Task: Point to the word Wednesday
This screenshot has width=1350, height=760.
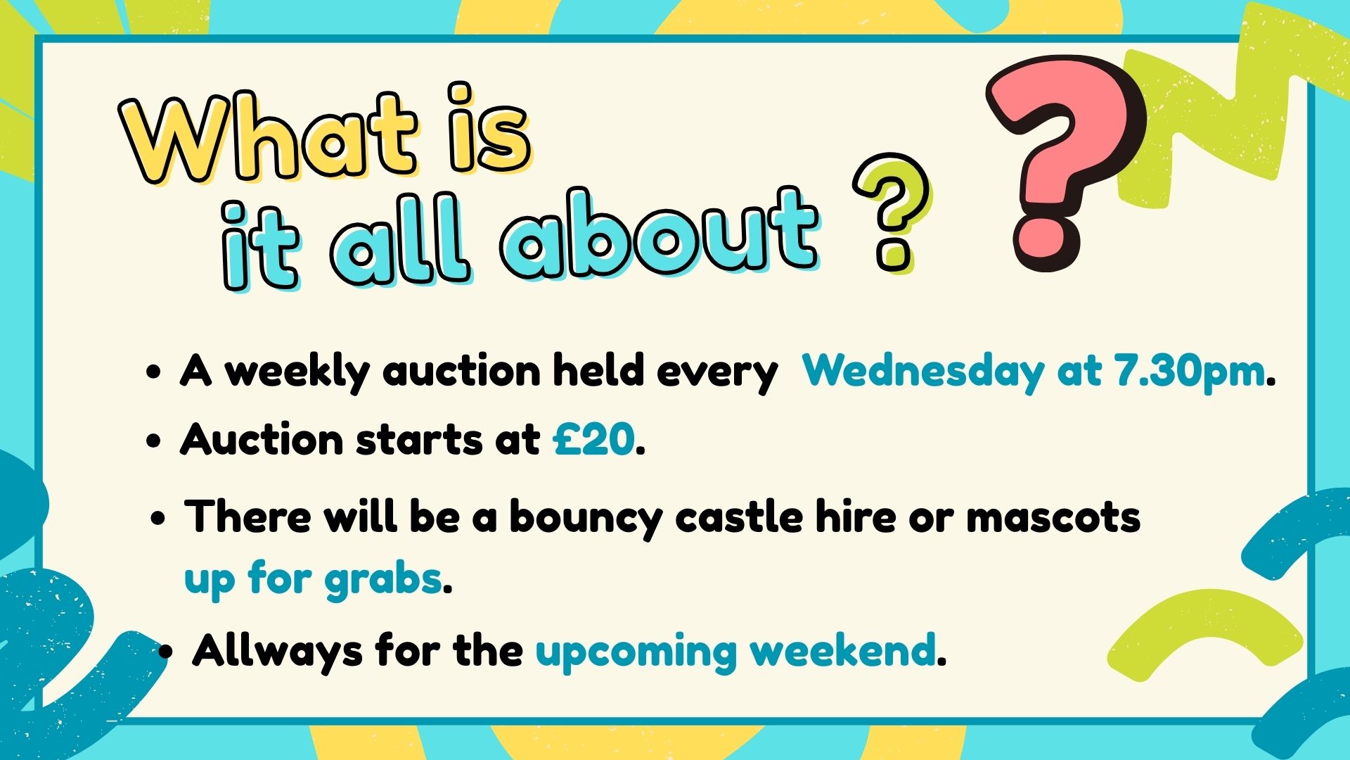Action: pos(923,371)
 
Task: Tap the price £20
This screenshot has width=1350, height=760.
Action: pos(593,440)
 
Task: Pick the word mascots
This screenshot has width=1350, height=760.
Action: pos(1053,517)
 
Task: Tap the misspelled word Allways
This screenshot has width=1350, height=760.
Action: pos(277,651)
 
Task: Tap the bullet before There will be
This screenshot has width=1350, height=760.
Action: pos(158,519)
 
